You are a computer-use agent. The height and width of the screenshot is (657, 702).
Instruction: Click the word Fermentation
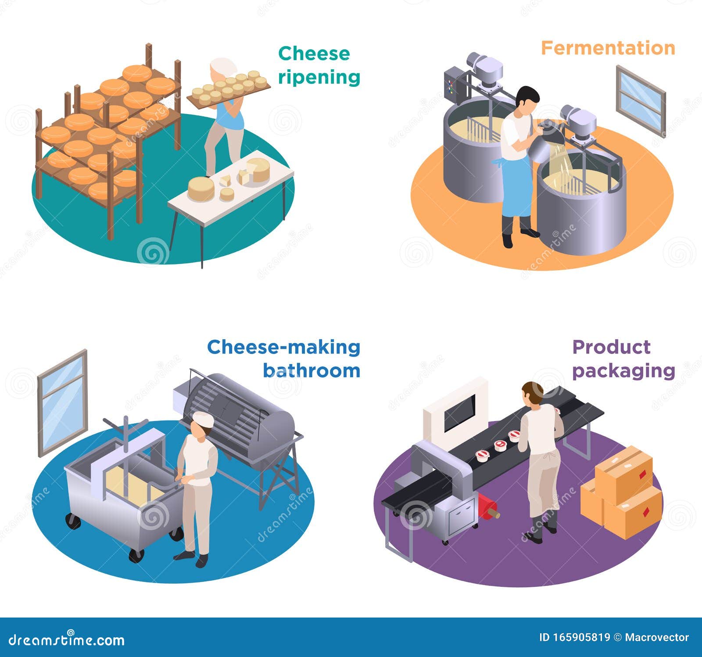click(x=608, y=48)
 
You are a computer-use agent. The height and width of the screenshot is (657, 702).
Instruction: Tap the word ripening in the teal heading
click(x=319, y=77)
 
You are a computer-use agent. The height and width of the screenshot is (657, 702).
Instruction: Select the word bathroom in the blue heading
click(x=312, y=371)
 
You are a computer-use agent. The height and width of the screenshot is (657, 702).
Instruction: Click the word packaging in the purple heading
click(x=623, y=371)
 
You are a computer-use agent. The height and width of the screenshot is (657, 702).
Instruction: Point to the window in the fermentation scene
click(x=640, y=100)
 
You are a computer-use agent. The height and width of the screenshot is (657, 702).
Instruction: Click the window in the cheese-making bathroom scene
click(x=62, y=402)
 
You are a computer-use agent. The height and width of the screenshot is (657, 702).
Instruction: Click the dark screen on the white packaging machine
click(x=459, y=412)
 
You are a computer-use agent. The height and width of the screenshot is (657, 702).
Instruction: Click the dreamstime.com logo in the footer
click(x=66, y=640)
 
